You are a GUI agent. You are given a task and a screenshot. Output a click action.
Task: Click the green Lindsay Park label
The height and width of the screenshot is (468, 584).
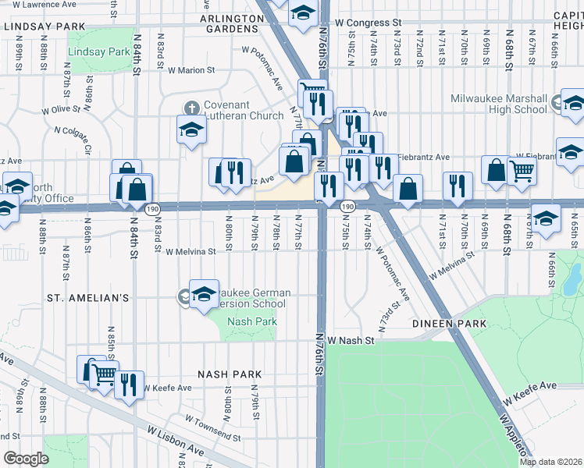(x=98, y=51)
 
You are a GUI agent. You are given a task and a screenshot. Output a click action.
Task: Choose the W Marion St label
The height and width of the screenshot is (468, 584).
(x=191, y=70)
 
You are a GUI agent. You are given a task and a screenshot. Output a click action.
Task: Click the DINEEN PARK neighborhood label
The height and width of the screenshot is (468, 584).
(x=450, y=323)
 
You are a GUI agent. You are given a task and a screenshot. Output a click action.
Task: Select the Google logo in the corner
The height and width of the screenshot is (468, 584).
(x=26, y=459)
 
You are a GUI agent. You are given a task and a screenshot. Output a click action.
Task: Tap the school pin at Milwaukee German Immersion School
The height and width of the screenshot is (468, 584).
(x=204, y=293)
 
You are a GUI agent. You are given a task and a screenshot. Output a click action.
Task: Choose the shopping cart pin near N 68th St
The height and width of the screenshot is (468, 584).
(x=522, y=170)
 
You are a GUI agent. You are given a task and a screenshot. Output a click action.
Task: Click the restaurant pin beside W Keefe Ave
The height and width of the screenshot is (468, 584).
(x=129, y=385)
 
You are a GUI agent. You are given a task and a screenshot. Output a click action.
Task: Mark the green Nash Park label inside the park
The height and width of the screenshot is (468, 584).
(x=251, y=322)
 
